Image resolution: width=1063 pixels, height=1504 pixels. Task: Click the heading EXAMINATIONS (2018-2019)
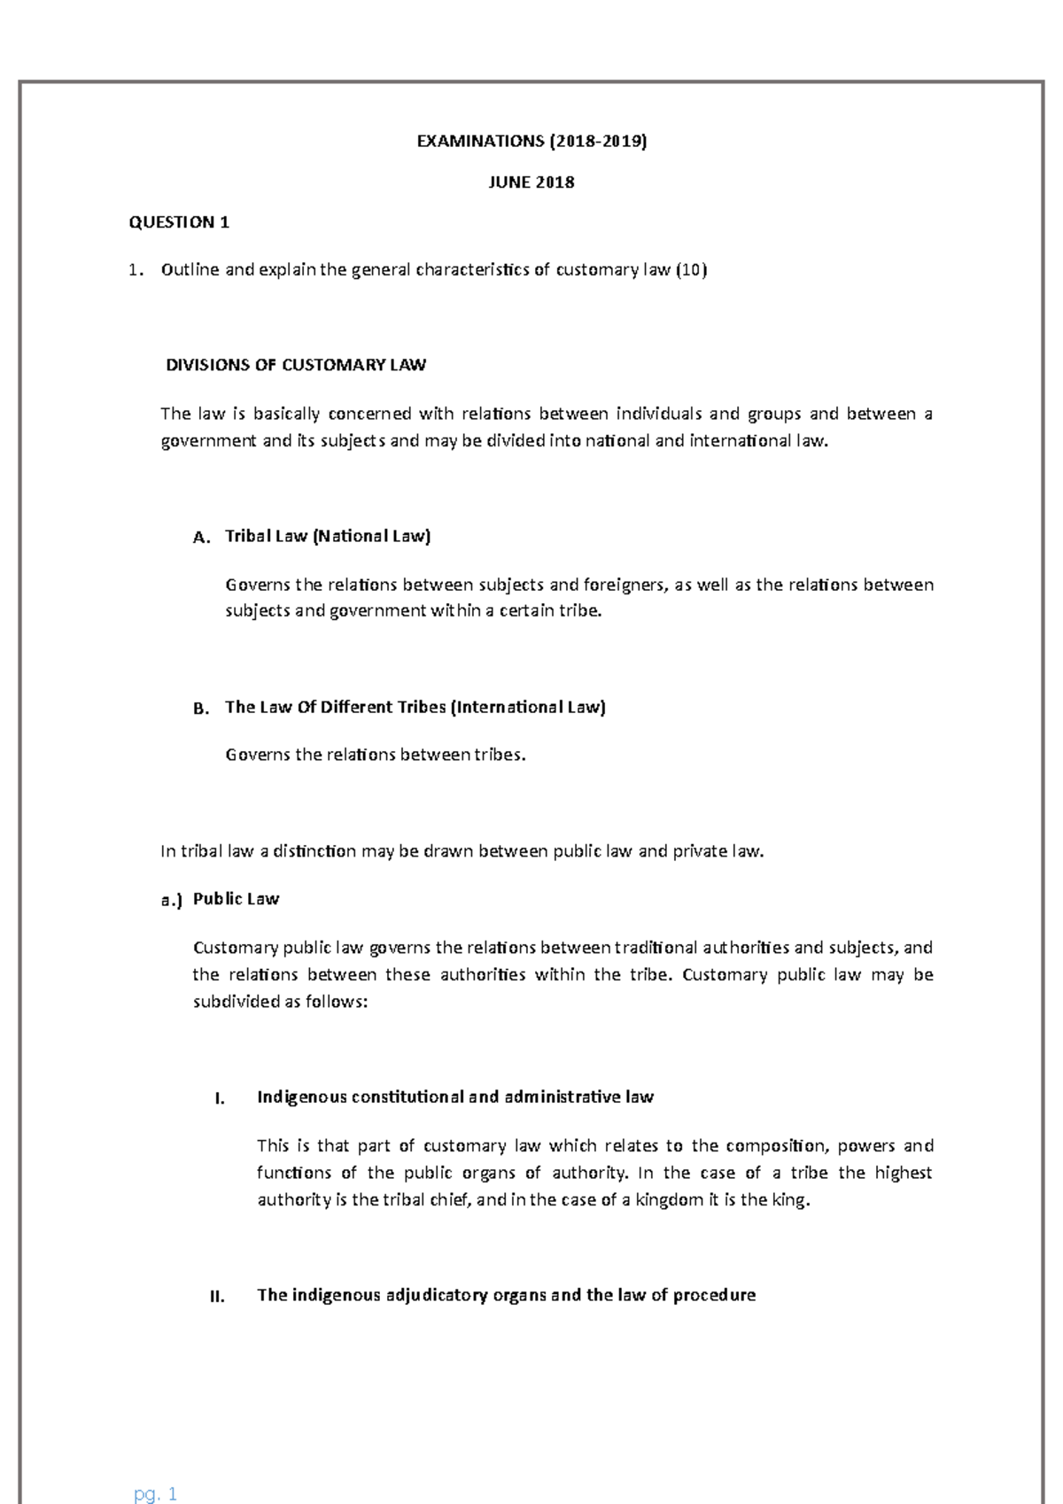tap(531, 141)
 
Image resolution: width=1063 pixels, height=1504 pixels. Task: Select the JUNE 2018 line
tap(531, 182)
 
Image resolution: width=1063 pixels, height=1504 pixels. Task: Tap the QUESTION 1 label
tap(179, 222)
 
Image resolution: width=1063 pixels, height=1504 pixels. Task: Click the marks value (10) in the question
tap(691, 270)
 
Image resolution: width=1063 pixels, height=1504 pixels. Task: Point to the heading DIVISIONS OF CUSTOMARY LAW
tap(296, 365)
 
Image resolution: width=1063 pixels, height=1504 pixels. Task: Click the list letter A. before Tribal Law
tap(201, 538)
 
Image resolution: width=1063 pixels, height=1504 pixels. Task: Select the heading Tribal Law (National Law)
tap(328, 536)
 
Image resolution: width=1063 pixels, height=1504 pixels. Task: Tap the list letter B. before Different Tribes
tap(201, 709)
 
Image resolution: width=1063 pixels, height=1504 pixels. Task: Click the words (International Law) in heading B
tap(528, 707)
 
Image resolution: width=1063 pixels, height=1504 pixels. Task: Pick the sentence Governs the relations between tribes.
tap(376, 755)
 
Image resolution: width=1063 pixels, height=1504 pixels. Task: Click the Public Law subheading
tap(236, 899)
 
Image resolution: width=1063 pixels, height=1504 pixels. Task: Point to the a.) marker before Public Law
tap(171, 900)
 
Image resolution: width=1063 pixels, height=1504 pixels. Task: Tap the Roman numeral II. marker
tap(217, 1297)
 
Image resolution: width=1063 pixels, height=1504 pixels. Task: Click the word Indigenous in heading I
tap(302, 1097)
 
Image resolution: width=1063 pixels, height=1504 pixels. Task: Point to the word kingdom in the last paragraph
tap(669, 1200)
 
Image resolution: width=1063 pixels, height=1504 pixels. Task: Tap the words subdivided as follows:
tap(280, 1002)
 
